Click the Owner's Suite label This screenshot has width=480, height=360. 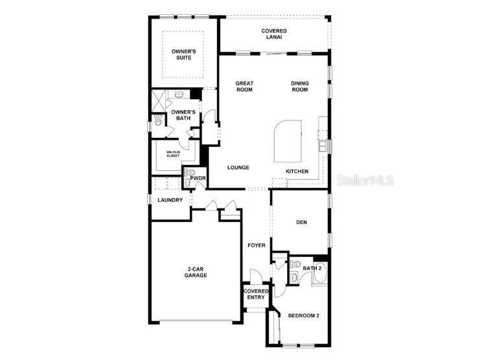(x=183, y=54)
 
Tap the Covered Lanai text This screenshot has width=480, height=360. (x=274, y=34)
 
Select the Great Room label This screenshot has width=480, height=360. (x=244, y=86)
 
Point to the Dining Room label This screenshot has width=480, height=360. (x=299, y=86)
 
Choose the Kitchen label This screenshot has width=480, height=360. (x=297, y=172)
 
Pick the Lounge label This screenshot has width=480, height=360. (x=238, y=168)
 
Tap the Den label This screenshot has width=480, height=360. (x=301, y=223)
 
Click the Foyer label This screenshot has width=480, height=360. (x=257, y=245)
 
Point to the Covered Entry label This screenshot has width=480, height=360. (x=256, y=295)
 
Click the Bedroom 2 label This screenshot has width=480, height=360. (x=303, y=315)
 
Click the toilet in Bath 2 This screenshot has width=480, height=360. (x=295, y=265)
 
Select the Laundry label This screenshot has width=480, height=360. (x=170, y=200)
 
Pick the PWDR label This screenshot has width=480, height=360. (x=198, y=178)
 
